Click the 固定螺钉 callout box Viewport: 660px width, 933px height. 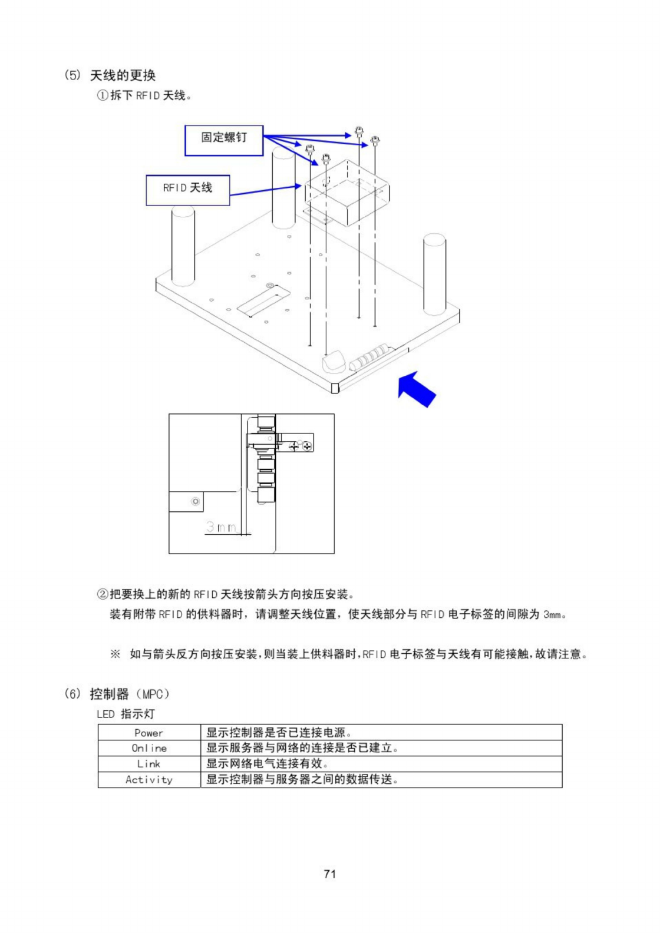click(x=224, y=140)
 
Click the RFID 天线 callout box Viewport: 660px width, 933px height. click(x=187, y=190)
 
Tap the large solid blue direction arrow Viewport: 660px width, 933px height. click(x=417, y=389)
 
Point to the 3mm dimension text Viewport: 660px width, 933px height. click(x=222, y=527)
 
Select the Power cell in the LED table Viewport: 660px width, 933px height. click(x=149, y=733)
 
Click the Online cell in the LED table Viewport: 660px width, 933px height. click(x=149, y=748)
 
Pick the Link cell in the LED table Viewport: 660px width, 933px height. click(x=149, y=764)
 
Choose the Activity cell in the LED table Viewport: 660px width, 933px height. click(x=149, y=780)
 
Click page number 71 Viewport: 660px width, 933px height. click(x=330, y=874)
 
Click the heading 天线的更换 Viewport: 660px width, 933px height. click(x=123, y=75)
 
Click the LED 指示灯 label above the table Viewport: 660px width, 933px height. click(x=126, y=714)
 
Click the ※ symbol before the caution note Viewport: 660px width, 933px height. click(x=115, y=654)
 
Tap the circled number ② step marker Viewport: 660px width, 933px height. click(x=103, y=594)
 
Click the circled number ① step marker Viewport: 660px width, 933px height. click(x=103, y=95)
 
